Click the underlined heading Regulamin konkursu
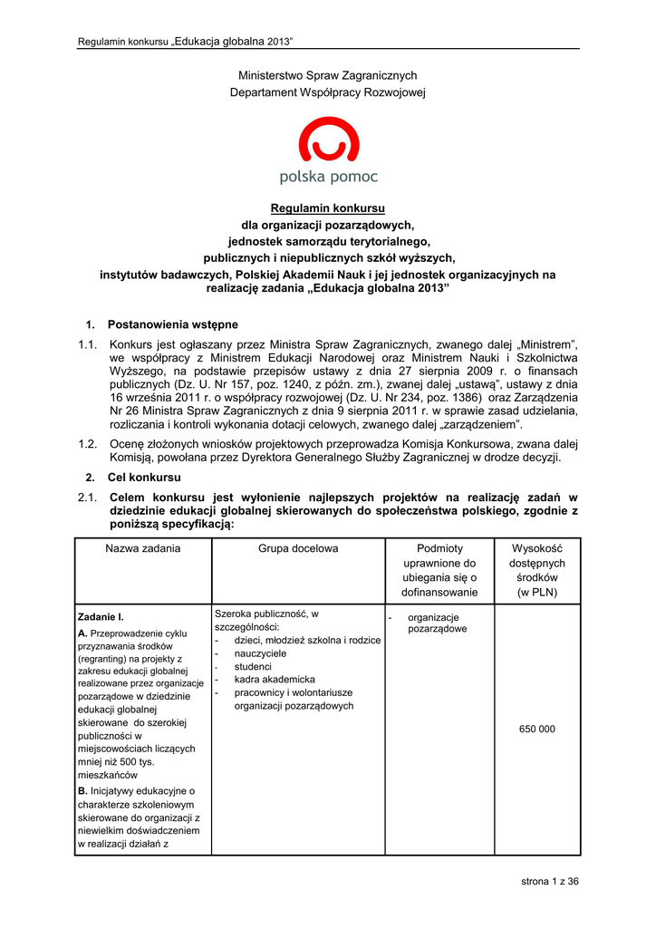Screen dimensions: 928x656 [x=328, y=208]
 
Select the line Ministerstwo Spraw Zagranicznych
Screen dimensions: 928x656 [x=328, y=75]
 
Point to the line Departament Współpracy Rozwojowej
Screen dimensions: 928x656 [x=328, y=92]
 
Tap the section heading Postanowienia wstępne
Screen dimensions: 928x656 [x=172, y=324]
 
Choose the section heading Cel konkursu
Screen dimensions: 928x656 [x=144, y=477]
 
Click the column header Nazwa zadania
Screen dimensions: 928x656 [x=142, y=548]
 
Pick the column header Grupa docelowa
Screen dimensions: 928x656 [x=298, y=548]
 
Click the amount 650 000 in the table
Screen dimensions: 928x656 [x=537, y=729]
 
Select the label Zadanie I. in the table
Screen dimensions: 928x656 [x=101, y=616]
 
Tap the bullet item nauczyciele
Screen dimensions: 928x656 [x=260, y=652]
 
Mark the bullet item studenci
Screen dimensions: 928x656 [x=253, y=666]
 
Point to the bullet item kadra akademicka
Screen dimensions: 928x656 [x=275, y=679]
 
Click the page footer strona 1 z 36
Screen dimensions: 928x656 [x=549, y=882]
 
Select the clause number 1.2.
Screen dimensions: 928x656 [x=88, y=443]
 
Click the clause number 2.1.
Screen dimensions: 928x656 [x=88, y=498]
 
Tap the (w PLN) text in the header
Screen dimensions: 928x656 [x=537, y=593]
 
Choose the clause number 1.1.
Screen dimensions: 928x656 [x=88, y=344]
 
